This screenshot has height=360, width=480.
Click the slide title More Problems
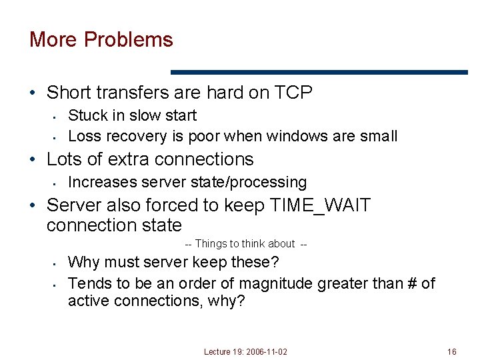pos(101,40)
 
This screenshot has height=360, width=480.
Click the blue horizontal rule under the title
pos(319,72)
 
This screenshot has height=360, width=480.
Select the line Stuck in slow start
pos(132,115)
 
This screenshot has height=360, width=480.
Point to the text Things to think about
pos(245,244)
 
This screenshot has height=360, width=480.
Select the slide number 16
pos(452,351)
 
